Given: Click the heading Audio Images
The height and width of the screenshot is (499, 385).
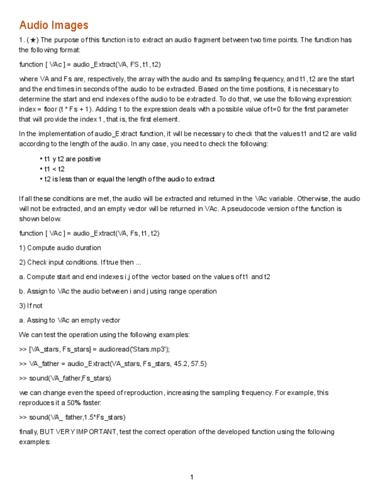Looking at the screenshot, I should point(53,25).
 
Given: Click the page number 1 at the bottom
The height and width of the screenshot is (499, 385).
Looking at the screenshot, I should point(192,477).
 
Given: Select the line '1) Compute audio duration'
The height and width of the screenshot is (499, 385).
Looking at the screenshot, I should point(60,248).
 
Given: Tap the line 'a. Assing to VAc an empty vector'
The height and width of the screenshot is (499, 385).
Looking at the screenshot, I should point(69,320).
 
